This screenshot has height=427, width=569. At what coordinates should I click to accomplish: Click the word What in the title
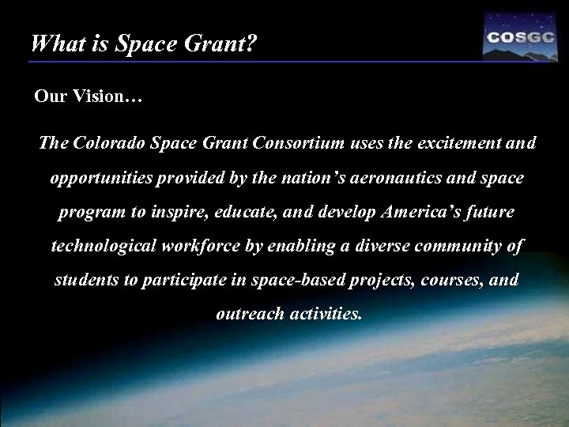(52, 43)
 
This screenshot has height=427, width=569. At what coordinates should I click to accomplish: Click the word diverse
(360, 248)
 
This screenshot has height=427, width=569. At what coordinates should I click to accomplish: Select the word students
(84, 282)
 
